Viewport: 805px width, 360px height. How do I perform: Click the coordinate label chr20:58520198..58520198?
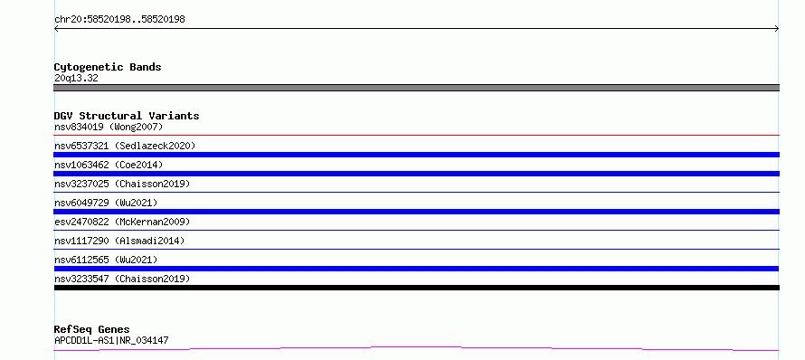[119, 20]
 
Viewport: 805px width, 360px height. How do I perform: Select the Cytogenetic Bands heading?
[108, 67]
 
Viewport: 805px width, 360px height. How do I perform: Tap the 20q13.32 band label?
[76, 78]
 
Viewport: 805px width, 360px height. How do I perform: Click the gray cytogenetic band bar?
[416, 88]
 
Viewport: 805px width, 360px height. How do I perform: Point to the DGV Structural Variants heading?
[127, 116]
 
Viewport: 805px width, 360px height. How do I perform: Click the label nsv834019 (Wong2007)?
[109, 127]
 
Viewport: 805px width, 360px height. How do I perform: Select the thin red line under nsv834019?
[416, 135]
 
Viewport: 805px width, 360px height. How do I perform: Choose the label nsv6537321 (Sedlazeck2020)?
[125, 146]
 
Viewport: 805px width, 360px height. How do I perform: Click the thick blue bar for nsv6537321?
[416, 155]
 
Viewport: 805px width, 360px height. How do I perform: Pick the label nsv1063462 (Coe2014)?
[109, 165]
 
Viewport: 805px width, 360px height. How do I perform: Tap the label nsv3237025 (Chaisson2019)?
[122, 184]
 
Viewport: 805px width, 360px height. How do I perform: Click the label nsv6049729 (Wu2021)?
[106, 203]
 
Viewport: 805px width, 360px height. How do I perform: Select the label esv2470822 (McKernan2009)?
[122, 222]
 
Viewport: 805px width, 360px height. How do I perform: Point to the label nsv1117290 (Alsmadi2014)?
[119, 241]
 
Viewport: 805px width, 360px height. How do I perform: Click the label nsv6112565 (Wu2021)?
[106, 260]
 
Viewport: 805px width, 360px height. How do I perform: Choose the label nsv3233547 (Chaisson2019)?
[122, 279]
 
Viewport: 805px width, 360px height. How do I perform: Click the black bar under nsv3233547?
[416, 288]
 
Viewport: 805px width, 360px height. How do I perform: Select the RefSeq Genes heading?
[92, 329]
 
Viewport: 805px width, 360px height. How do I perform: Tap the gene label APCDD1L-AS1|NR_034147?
[111, 340]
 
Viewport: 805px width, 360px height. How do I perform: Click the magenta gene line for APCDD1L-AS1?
[416, 347]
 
